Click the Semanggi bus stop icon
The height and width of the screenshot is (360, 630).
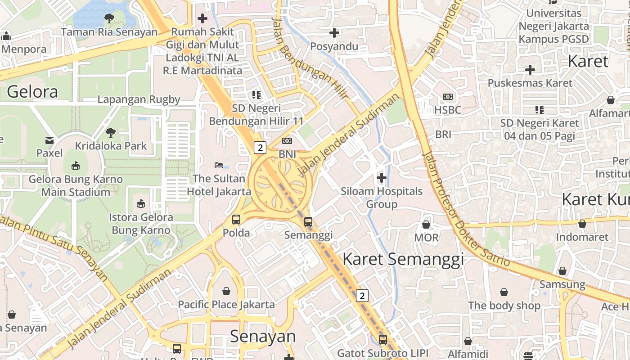click(x=308, y=221)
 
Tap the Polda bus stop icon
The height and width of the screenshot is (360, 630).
click(x=236, y=220)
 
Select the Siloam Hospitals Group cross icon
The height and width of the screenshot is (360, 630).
click(x=382, y=178)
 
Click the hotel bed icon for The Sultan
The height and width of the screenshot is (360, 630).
click(x=219, y=165)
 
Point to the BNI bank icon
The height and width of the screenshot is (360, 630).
click(x=287, y=141)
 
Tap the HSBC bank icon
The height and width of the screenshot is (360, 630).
click(x=448, y=97)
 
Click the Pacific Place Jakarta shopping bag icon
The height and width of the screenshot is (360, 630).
click(x=226, y=291)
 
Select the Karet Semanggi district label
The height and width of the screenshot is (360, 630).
click(x=403, y=259)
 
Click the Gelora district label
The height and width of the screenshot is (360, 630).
click(x=32, y=92)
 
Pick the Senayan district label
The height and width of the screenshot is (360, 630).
click(x=263, y=336)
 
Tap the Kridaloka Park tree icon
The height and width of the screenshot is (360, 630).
click(x=111, y=133)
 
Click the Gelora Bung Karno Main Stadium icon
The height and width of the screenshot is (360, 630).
click(x=76, y=166)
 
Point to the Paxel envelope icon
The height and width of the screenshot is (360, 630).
click(x=49, y=140)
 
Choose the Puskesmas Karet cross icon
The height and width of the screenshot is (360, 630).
click(x=530, y=70)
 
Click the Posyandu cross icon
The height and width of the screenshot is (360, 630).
click(x=334, y=33)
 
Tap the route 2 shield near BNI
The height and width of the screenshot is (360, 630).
click(x=260, y=147)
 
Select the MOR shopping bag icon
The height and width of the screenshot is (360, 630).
click(x=426, y=224)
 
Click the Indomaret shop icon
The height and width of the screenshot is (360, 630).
click(x=582, y=224)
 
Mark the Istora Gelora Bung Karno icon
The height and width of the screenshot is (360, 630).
click(x=141, y=203)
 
